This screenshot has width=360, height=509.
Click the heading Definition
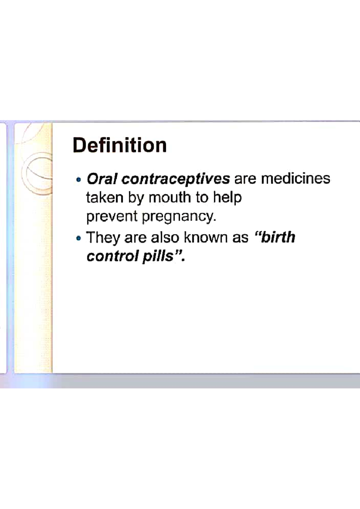[119, 145]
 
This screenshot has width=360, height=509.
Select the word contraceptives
[176, 179]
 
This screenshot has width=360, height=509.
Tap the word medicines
[295, 179]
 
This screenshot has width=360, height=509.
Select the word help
[227, 198]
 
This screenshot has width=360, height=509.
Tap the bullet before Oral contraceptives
[79, 180]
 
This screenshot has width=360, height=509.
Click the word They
[103, 238]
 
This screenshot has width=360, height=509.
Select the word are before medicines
[245, 179]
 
